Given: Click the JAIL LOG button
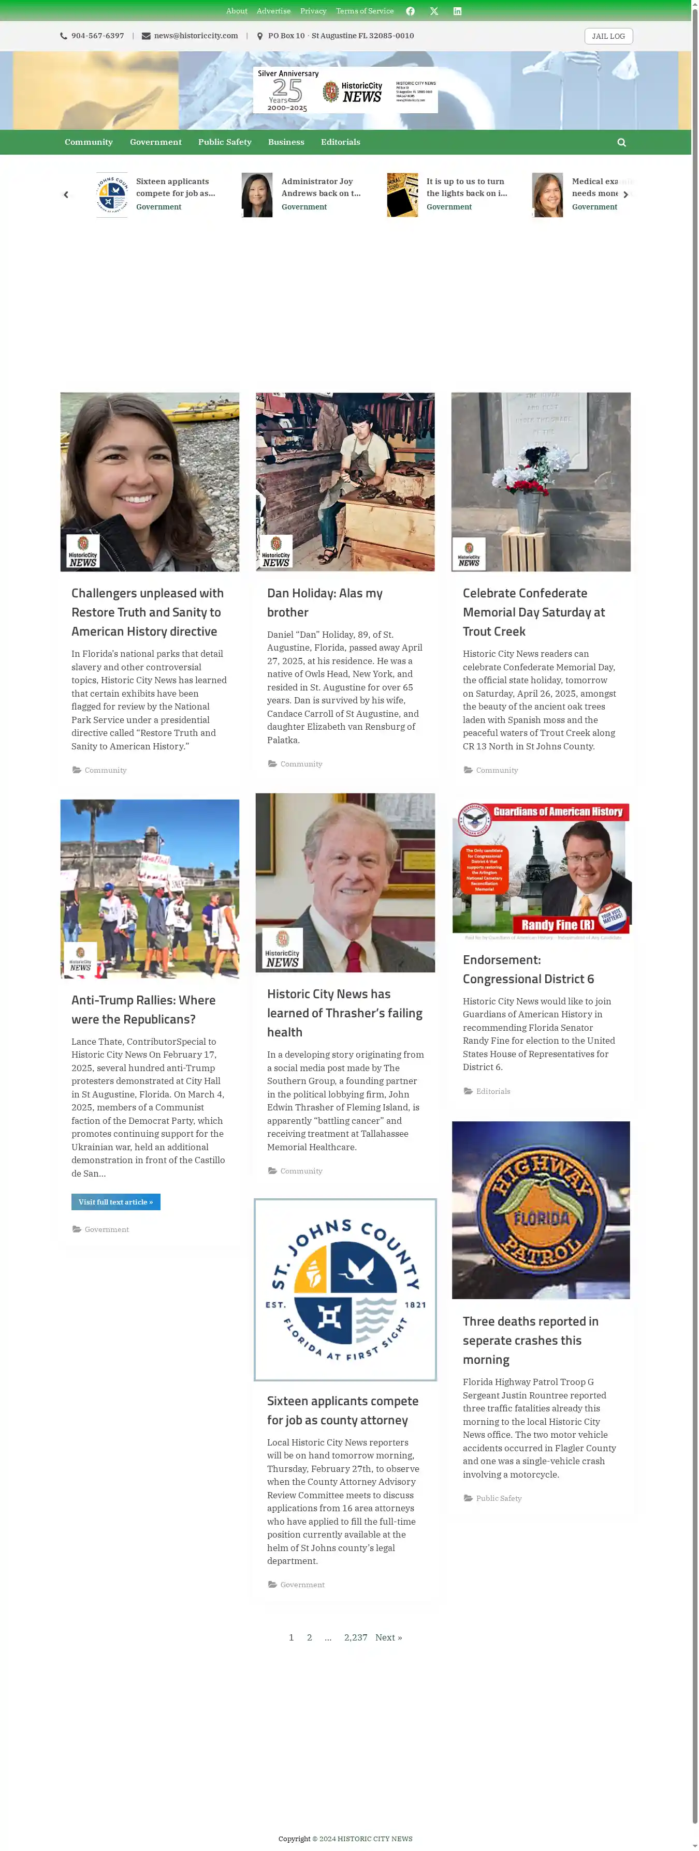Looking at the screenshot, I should coord(608,36).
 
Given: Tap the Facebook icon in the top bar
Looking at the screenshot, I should coord(410,11).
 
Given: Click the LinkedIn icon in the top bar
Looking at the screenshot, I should coord(457,11).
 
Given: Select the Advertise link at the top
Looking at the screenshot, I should coord(273,11).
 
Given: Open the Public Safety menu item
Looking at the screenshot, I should coord(224,142).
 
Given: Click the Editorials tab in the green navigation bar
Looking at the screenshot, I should coord(340,142).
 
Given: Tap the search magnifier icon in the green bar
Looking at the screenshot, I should coord(621,142).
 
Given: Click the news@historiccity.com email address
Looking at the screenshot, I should coord(196,36).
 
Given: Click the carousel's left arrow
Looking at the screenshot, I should coord(66,195).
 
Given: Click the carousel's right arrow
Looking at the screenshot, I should coord(625,195).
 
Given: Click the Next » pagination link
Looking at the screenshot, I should coord(388,1637).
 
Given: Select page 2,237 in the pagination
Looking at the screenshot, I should coord(355,1637).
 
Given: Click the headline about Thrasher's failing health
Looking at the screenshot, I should coord(344,1013).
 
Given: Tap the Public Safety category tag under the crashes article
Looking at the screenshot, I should coord(498,1498).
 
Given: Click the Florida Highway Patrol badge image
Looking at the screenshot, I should coord(541,1210).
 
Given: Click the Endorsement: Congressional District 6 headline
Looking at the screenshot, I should coord(528,969).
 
